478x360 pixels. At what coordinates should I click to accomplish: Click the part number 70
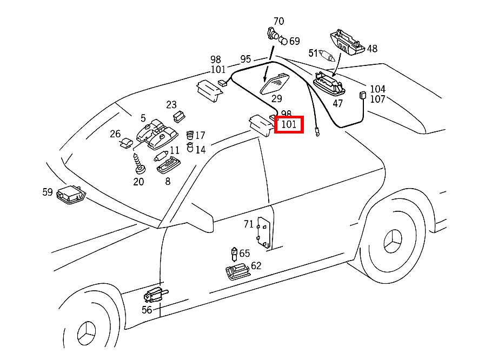[x=278, y=22]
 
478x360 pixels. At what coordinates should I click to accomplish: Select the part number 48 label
[x=372, y=49]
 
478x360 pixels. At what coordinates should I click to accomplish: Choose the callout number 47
[x=337, y=103]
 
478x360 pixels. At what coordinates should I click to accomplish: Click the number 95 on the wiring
[x=245, y=59]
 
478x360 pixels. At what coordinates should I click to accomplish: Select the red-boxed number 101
[x=289, y=125]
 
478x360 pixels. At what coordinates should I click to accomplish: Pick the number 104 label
[x=377, y=89]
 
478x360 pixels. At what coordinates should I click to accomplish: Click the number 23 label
[x=171, y=105]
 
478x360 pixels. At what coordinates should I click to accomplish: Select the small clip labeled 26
[x=126, y=143]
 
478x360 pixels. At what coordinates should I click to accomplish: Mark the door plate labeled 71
[x=264, y=232]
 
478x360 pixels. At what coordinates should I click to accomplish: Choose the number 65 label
[x=244, y=253]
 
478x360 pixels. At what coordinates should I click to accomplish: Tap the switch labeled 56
[x=155, y=295]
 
